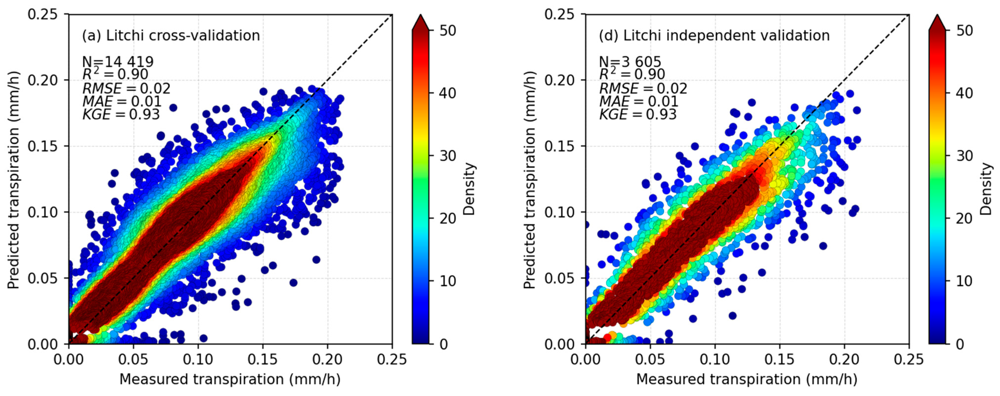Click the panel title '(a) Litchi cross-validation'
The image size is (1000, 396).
click(171, 36)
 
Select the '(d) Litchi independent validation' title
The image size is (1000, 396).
click(714, 36)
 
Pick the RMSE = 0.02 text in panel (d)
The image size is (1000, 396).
click(643, 88)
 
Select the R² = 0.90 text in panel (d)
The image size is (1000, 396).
click(632, 74)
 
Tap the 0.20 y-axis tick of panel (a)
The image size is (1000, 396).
click(43, 80)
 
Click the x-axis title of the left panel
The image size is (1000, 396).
click(230, 379)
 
